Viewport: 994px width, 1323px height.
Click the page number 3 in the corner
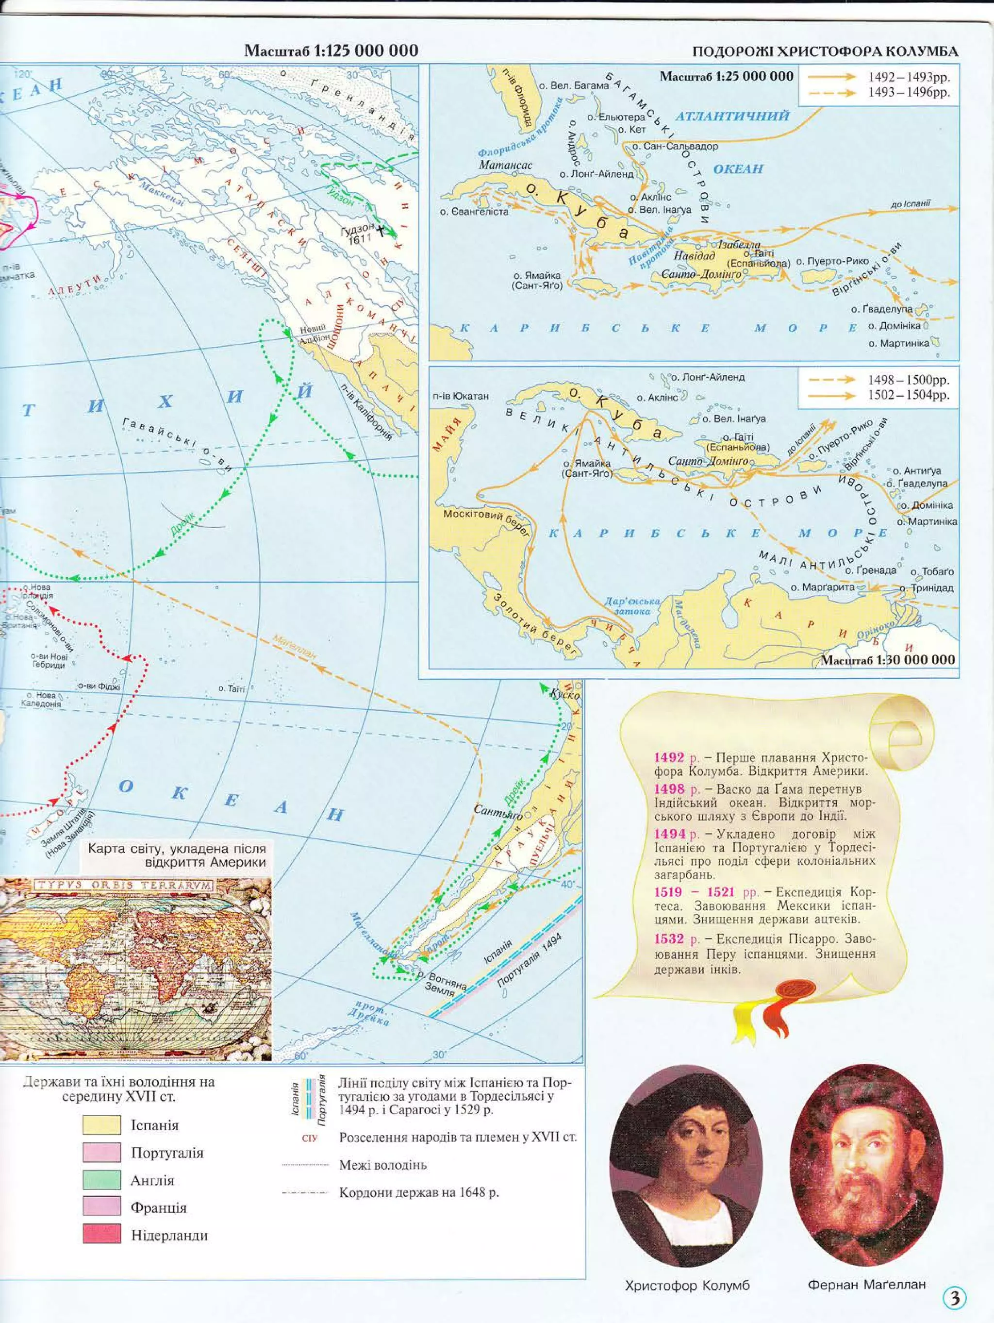955,1297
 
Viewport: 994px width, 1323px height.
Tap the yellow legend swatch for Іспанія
101,1124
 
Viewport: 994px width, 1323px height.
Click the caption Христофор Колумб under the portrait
687,1285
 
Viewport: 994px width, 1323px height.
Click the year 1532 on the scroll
669,938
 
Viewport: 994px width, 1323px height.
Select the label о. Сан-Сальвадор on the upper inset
675,146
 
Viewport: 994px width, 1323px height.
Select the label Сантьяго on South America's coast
497,812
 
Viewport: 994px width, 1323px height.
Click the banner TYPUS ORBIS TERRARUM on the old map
123,885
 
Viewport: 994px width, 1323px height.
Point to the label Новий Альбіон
314,333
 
